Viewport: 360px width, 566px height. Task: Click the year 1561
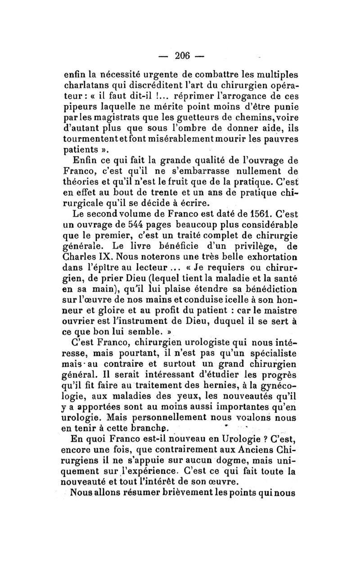(x=243, y=210)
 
